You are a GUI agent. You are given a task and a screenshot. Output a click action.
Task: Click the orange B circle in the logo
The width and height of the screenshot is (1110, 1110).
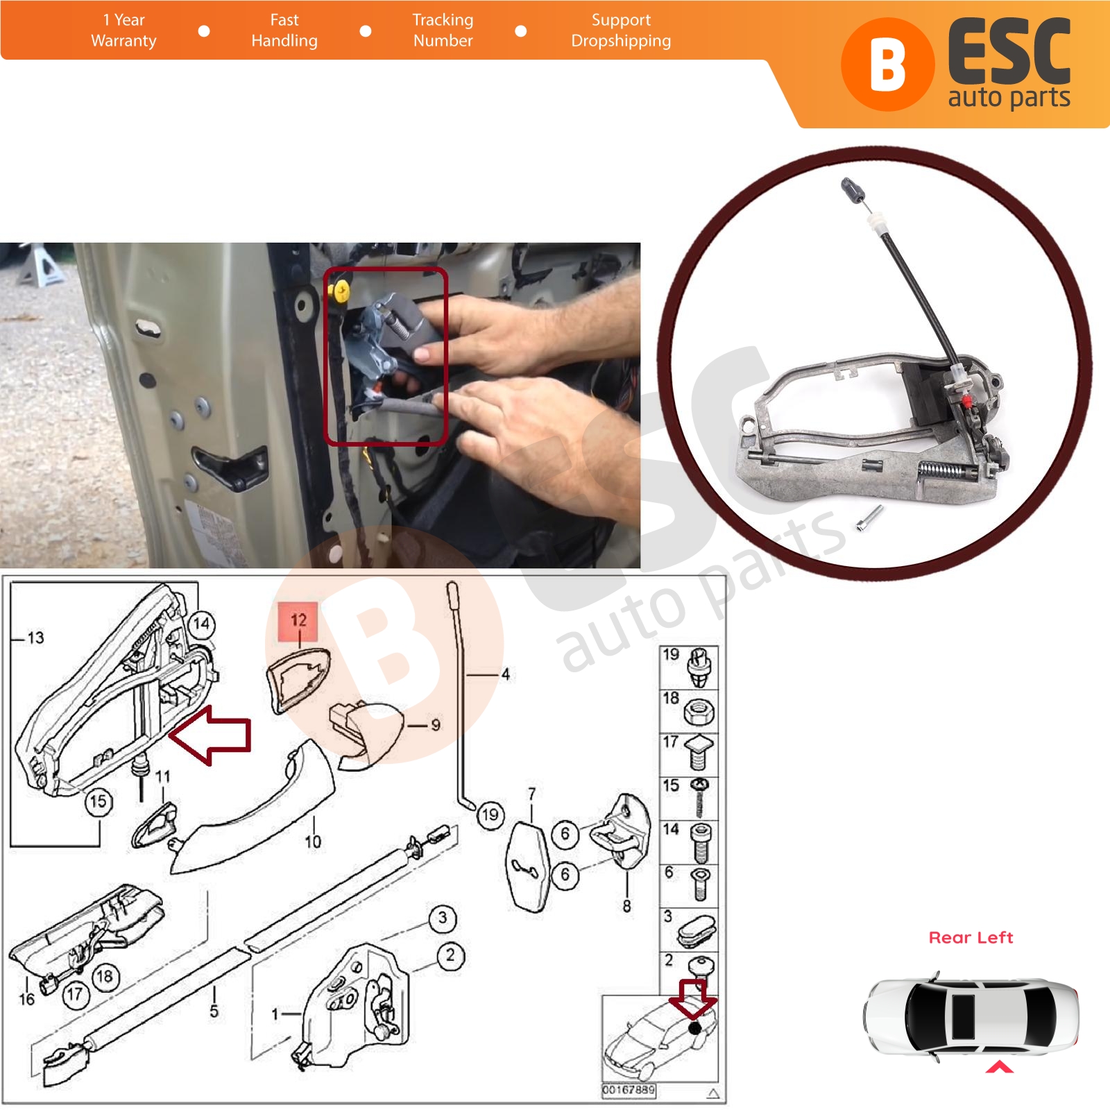coord(887,65)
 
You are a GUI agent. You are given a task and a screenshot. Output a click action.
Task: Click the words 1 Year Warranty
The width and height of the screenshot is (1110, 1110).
coord(123,31)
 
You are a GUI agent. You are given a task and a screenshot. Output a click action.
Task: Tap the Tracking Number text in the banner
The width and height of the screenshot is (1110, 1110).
coord(443,31)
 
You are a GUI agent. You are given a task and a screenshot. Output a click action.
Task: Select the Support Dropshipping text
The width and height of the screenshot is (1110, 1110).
coord(621,31)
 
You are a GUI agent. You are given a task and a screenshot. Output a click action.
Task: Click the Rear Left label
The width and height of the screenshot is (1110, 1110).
coord(971,937)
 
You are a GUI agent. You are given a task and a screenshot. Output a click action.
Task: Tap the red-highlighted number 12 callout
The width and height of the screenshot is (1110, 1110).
coord(298,622)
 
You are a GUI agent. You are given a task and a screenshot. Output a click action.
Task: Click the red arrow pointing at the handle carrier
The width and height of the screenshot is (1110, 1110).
coord(210,735)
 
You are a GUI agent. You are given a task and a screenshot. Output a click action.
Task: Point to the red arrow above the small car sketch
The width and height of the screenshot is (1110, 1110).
coord(693,999)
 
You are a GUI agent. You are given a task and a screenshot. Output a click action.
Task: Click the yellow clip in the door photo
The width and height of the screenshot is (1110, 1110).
coord(341,291)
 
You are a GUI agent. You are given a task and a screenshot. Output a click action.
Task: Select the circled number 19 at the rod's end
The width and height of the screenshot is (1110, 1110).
coord(490,814)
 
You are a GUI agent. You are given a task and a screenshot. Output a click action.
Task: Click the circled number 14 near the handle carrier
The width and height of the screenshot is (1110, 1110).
coord(201,624)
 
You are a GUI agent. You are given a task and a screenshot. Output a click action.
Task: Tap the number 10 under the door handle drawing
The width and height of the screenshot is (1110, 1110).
coord(313,842)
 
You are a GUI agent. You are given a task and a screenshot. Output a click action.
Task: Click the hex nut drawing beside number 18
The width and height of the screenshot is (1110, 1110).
coord(699,712)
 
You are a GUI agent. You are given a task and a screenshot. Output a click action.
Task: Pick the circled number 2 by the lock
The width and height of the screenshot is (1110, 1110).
coord(451,955)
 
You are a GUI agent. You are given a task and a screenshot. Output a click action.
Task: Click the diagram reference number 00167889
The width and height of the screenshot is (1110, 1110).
coord(628,1090)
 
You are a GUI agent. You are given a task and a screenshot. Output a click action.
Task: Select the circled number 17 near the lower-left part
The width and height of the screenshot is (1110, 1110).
coord(75,995)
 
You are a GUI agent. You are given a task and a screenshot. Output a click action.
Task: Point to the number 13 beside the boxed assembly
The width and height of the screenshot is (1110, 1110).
coord(35,638)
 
